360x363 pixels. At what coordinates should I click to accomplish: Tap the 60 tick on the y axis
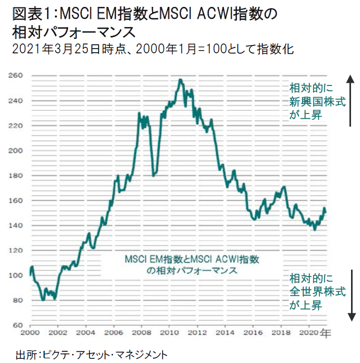tap(17, 326)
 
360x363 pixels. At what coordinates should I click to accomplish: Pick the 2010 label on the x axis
tap(168, 334)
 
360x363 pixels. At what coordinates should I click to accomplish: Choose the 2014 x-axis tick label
tap(223, 334)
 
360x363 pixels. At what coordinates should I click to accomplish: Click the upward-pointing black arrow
tap(350, 100)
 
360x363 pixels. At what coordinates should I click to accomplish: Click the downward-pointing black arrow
tap(350, 295)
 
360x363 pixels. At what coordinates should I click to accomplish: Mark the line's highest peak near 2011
tap(181, 80)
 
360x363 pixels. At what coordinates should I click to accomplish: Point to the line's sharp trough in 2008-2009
tap(153, 175)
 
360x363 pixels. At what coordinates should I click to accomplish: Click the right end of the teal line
tap(325, 212)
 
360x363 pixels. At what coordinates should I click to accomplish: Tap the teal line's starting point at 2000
tap(31, 275)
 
